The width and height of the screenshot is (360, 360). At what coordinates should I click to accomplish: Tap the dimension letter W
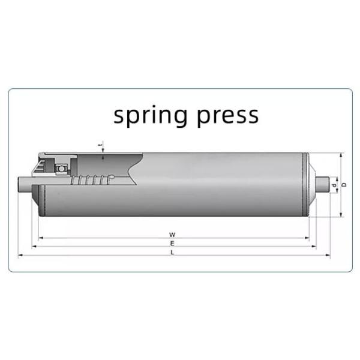pos(172,234)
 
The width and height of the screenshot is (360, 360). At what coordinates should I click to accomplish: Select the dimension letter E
pos(172,244)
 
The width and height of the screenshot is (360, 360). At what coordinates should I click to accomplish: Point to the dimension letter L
pos(172,253)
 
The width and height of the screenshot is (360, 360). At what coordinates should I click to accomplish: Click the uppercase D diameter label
pos(344,184)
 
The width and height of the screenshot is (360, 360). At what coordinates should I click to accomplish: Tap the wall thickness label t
pos(103,144)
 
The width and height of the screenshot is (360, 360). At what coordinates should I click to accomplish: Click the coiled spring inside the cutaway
pos(93,179)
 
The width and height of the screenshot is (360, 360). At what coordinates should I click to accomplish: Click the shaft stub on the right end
pos(323,184)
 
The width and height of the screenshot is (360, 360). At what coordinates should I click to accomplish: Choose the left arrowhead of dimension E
pos(34,247)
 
